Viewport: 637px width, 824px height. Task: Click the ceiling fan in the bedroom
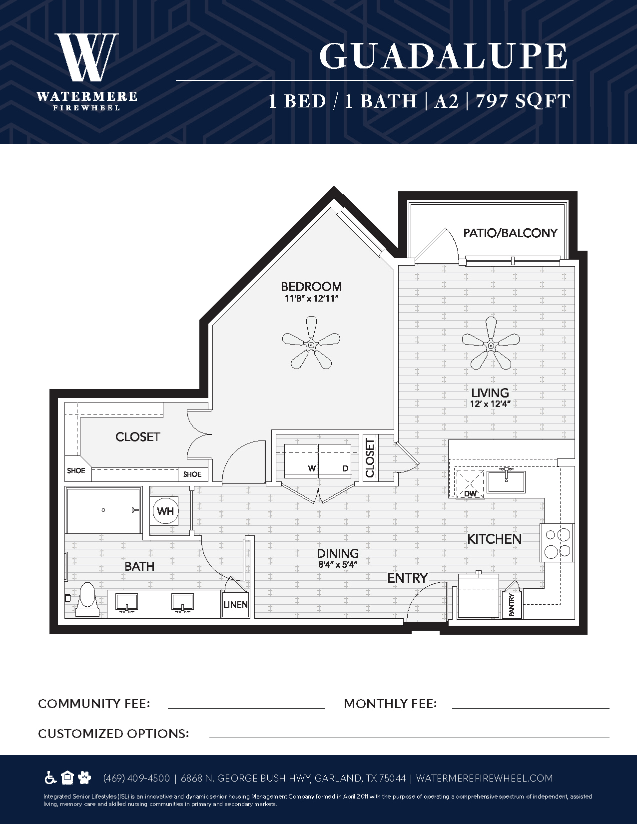pyautogui.click(x=311, y=343)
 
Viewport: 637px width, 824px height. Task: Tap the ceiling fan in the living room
pyautogui.click(x=491, y=343)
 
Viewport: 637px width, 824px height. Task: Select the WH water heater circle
pyautogui.click(x=165, y=511)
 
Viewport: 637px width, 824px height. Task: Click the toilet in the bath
pyautogui.click(x=87, y=599)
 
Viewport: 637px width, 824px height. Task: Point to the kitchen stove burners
pyautogui.click(x=558, y=543)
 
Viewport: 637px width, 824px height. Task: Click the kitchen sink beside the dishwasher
pyautogui.click(x=506, y=481)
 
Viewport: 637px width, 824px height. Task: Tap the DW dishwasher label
pyautogui.click(x=470, y=494)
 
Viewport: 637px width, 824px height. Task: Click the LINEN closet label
pyautogui.click(x=235, y=604)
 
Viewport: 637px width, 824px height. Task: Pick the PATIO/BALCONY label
pyautogui.click(x=510, y=233)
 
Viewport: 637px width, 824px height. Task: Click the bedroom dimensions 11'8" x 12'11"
pyautogui.click(x=311, y=299)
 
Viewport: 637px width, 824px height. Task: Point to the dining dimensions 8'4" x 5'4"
pyautogui.click(x=338, y=565)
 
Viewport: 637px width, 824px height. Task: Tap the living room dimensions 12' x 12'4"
pyautogui.click(x=490, y=404)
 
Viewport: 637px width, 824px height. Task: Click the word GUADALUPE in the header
pyautogui.click(x=444, y=56)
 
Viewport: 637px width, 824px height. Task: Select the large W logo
pyautogui.click(x=87, y=57)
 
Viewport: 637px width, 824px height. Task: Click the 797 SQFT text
pyautogui.click(x=523, y=101)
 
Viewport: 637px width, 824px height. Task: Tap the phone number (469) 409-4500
pyautogui.click(x=136, y=778)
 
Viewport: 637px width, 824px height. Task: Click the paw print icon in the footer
pyautogui.click(x=84, y=778)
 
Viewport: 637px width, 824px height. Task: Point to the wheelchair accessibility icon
pyautogui.click(x=50, y=778)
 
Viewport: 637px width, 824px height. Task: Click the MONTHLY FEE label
pyautogui.click(x=390, y=704)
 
